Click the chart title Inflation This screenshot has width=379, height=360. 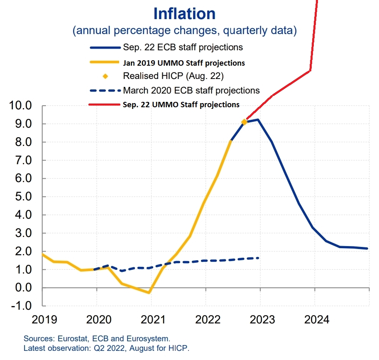point(184,14)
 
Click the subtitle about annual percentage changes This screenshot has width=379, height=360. point(184,30)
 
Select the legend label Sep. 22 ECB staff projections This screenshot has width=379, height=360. point(183,47)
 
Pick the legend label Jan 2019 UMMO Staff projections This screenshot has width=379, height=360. point(183,63)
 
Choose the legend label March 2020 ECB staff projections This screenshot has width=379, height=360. point(191,90)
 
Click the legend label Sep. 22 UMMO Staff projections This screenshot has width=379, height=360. point(181,105)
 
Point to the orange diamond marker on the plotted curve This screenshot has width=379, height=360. point(245,122)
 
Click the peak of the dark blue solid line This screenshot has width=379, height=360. point(258,120)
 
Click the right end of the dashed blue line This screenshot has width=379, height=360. point(259,258)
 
